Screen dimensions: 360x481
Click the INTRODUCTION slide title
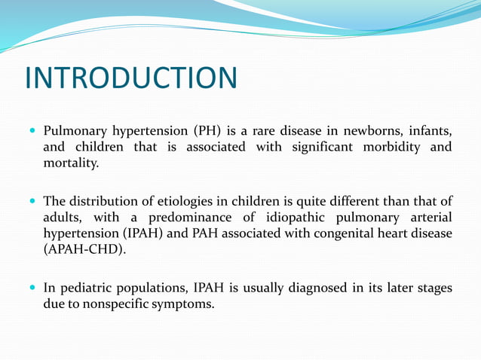pyautogui.click(x=131, y=78)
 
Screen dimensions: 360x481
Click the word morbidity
pyautogui.click(x=396, y=146)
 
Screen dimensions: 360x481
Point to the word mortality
pyautogui.click(x=70, y=162)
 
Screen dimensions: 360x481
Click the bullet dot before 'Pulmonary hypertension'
pyautogui.click(x=31, y=130)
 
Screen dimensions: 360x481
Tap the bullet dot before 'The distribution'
pyautogui.click(x=31, y=200)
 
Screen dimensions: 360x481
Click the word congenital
pyautogui.click(x=349, y=233)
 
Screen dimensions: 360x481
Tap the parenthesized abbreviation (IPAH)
pyautogui.click(x=139, y=233)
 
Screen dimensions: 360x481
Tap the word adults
pyautogui.click(x=63, y=217)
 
